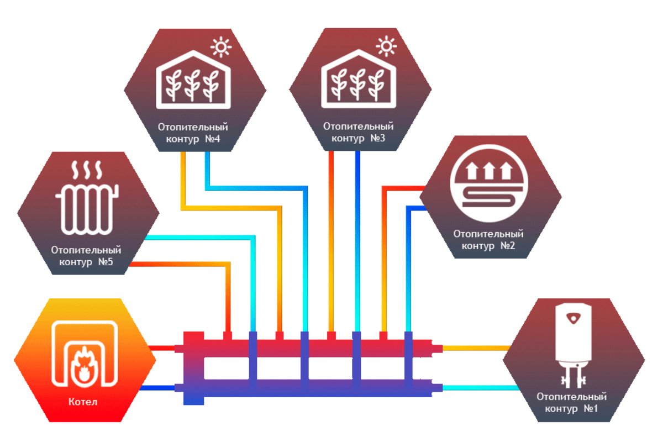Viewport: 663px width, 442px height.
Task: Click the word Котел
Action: pos(84,402)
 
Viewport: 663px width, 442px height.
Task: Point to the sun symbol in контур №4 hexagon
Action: pos(222,48)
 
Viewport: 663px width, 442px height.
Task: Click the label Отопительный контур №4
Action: pos(193,133)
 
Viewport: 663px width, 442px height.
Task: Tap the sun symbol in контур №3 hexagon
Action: pos(387,48)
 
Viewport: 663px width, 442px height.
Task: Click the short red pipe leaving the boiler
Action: pos(162,348)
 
